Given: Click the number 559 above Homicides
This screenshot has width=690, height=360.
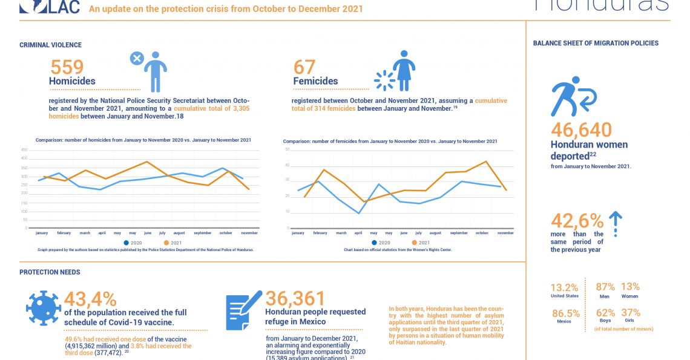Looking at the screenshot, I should (67, 67).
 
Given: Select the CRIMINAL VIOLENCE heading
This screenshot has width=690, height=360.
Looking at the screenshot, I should (50, 45).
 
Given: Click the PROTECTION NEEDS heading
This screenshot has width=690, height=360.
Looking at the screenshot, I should (50, 272).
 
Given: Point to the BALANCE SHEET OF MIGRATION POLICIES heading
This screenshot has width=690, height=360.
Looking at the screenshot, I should (596, 43).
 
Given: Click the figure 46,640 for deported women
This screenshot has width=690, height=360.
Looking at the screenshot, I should (581, 129).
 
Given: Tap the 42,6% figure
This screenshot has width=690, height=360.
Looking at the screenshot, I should (577, 220).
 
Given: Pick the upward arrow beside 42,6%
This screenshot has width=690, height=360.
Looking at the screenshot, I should (615, 222).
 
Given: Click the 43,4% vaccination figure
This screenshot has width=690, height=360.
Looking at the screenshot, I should (90, 298).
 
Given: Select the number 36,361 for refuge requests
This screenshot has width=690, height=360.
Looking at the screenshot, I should (295, 298).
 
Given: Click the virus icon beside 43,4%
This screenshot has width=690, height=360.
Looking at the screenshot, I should (43, 308).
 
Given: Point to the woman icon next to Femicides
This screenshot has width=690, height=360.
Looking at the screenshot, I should (403, 70).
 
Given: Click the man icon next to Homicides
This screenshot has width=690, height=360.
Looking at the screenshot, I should (155, 71).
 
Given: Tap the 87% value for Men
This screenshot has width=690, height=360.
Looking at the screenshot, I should (605, 287).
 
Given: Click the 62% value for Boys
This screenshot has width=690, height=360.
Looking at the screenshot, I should (605, 313).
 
